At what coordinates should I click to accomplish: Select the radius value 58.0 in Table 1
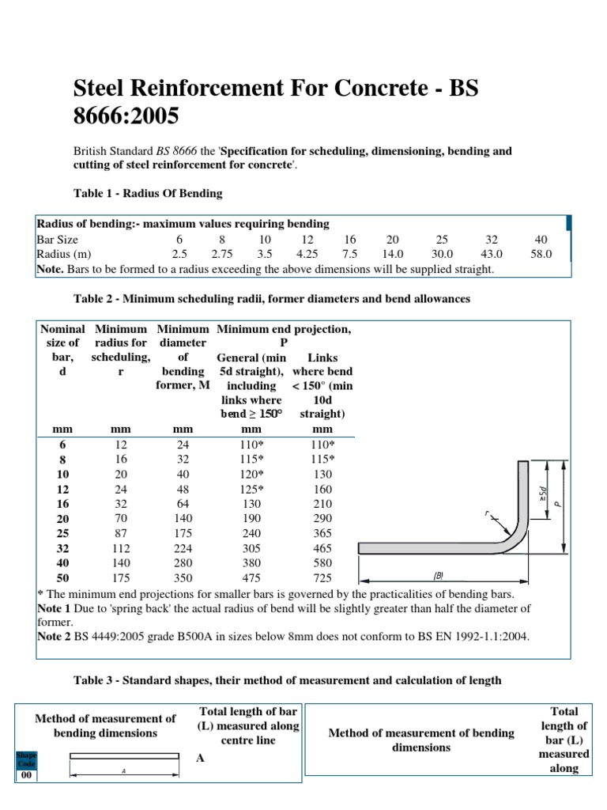541,254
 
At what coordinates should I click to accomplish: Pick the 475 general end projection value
251,578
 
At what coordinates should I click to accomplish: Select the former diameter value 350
183,578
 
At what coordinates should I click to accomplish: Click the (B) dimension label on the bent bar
438,576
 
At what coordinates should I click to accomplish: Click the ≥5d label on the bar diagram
542,494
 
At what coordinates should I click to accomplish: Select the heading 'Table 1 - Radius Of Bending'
148,193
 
